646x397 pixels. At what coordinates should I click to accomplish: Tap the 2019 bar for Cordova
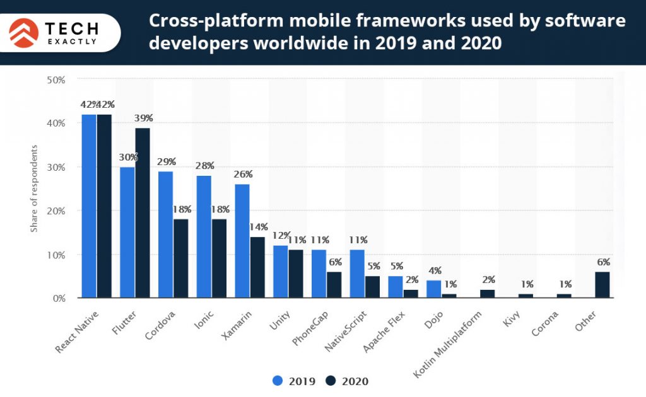point(165,234)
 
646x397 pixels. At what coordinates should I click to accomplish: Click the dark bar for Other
point(602,285)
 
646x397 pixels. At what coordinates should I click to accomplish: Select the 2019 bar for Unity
point(280,272)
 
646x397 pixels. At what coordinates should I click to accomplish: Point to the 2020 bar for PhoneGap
point(334,285)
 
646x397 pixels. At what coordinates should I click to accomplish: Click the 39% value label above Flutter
point(143,118)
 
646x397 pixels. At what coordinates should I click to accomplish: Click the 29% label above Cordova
point(166,162)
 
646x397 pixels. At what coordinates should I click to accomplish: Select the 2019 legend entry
point(293,381)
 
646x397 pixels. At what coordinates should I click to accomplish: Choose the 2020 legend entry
point(347,381)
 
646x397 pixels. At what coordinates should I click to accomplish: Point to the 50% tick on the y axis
point(57,80)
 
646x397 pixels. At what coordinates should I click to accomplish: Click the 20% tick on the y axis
point(57,211)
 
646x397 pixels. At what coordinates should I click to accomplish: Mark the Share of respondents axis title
point(34,188)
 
